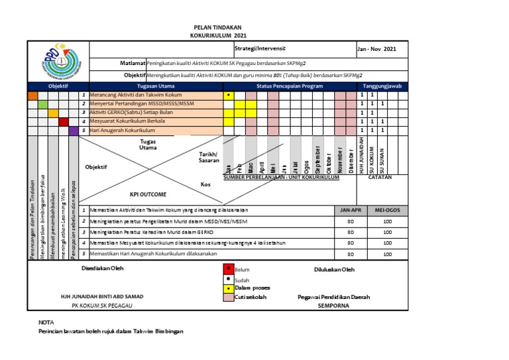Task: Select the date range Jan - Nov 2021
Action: click(x=378, y=49)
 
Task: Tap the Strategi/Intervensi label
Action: click(x=260, y=48)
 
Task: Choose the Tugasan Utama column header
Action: click(x=156, y=86)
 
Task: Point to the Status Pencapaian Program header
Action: click(x=290, y=86)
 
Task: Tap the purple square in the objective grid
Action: click(x=74, y=131)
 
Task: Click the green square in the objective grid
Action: click(x=42, y=104)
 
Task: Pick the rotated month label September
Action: click(x=317, y=159)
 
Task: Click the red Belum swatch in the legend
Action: click(x=228, y=269)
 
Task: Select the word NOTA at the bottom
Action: click(x=46, y=322)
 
